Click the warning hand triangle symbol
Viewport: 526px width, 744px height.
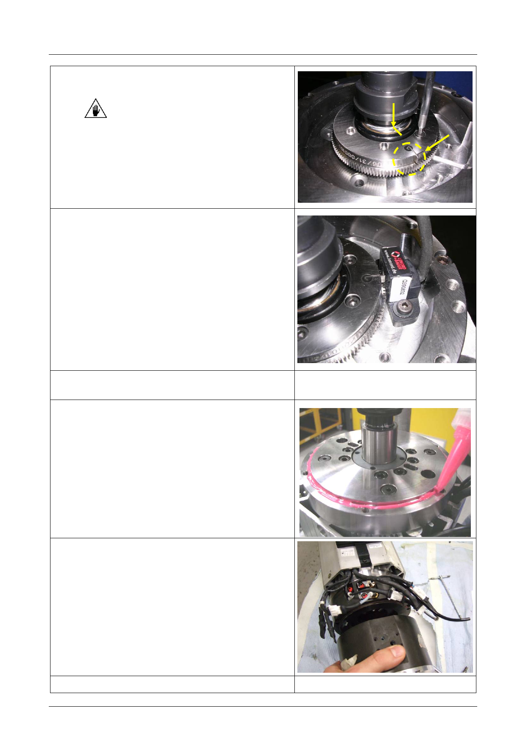(95, 109)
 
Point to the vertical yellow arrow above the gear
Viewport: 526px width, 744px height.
(394, 115)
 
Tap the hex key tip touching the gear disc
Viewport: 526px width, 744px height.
(420, 133)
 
